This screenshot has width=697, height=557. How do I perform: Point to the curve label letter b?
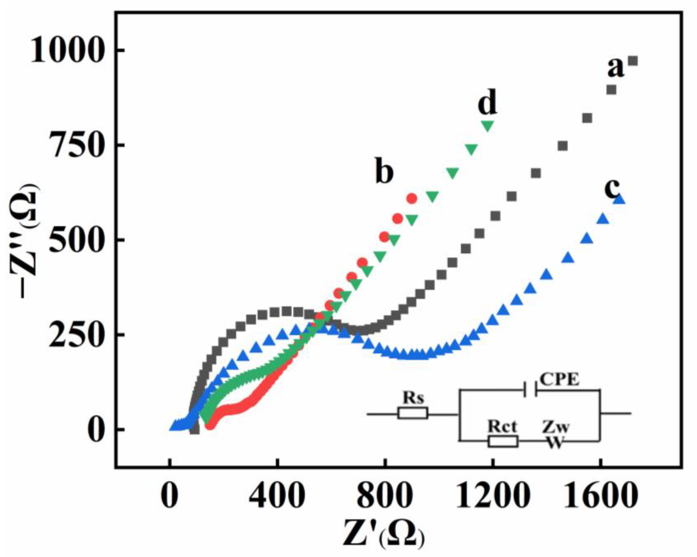(x=384, y=173)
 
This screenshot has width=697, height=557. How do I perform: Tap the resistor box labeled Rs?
(x=413, y=413)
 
